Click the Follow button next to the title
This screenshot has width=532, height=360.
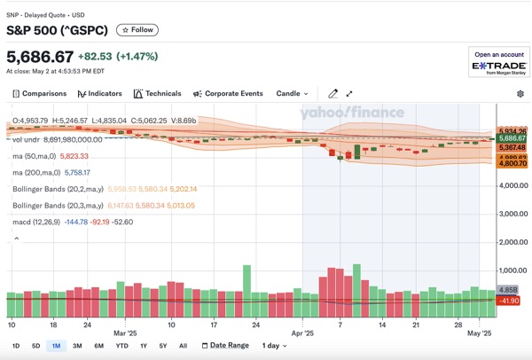[x=137, y=30]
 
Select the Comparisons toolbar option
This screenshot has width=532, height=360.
[x=39, y=93]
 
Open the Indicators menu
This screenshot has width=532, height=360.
[x=99, y=93]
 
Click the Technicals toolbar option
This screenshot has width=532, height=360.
[x=157, y=93]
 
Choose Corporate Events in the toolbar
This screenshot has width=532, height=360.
[x=227, y=93]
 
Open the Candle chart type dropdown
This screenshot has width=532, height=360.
[x=293, y=93]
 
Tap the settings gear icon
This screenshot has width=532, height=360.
[x=520, y=93]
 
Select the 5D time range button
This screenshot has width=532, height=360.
[x=35, y=346]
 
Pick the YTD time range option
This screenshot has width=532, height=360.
[x=121, y=346]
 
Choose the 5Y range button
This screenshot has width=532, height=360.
[x=162, y=346]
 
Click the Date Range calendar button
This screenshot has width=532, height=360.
[x=223, y=346]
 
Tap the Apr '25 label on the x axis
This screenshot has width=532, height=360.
[x=303, y=334]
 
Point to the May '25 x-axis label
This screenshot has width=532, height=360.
[x=480, y=334]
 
